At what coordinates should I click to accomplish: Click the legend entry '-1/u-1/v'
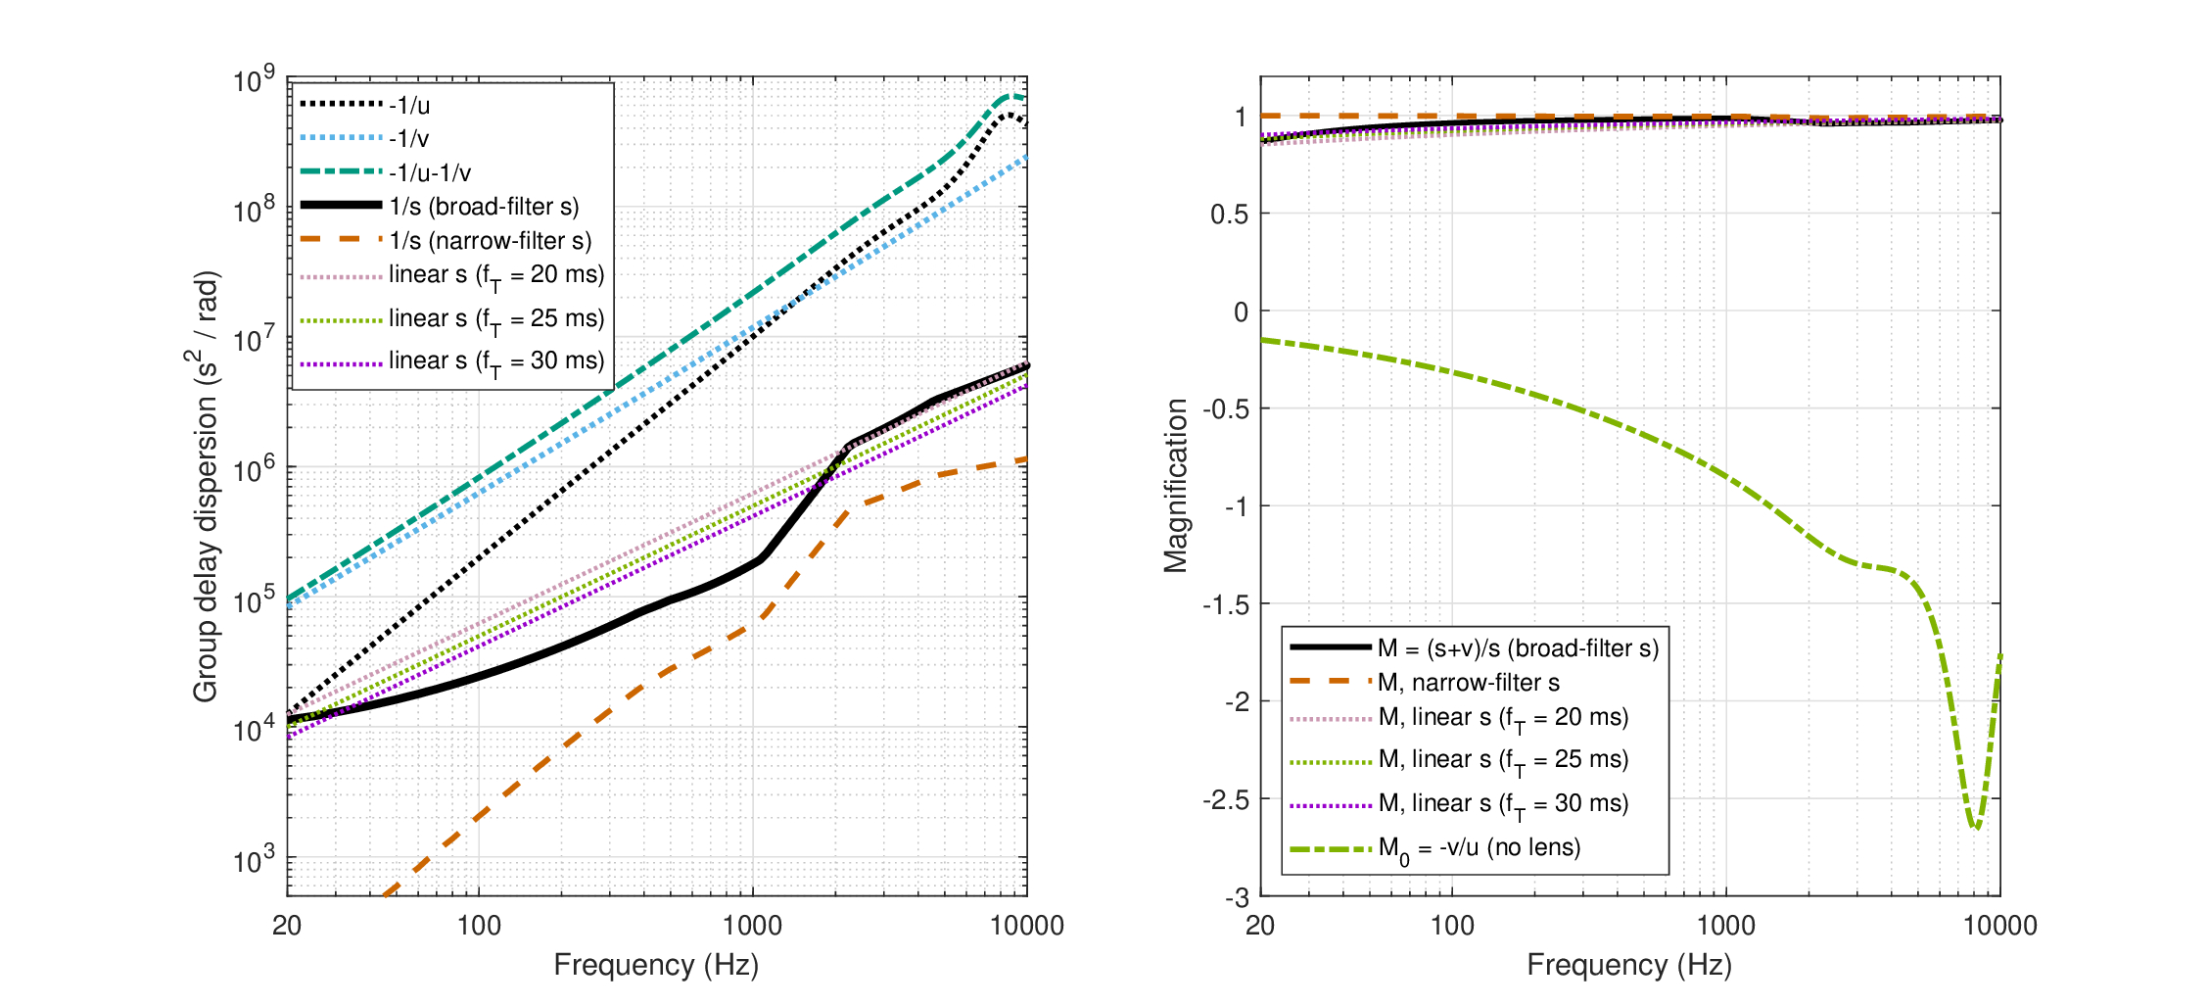tap(430, 172)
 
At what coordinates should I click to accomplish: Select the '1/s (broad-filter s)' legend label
tap(484, 207)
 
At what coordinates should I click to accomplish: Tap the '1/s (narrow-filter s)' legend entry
tap(491, 241)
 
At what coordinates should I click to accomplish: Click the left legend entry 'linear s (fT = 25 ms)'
tap(496, 318)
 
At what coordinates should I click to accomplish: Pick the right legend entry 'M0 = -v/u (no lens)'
tap(1480, 848)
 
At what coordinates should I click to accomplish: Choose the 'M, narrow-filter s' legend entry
tap(1469, 683)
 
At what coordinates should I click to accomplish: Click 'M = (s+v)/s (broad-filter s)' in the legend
tap(1518, 648)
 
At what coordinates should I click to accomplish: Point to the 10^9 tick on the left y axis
tap(254, 80)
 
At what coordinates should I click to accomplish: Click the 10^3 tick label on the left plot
tap(254, 860)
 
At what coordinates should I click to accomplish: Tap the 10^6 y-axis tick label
tap(254, 470)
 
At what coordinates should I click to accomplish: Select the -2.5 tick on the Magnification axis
tap(1226, 799)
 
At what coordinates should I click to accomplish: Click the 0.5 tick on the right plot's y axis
tap(1230, 214)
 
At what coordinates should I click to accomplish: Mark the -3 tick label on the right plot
tap(1238, 897)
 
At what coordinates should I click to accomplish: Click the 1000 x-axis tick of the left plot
tap(752, 926)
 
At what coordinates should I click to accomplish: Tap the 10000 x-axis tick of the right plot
tap(1999, 926)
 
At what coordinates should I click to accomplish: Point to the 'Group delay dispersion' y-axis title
tap(205, 486)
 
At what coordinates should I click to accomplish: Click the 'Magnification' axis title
tap(1175, 485)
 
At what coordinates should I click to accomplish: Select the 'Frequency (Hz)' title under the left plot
tap(656, 965)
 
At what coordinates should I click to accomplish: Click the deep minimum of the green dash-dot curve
tap(1976, 828)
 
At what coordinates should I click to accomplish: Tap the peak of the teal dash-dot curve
tap(1010, 96)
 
